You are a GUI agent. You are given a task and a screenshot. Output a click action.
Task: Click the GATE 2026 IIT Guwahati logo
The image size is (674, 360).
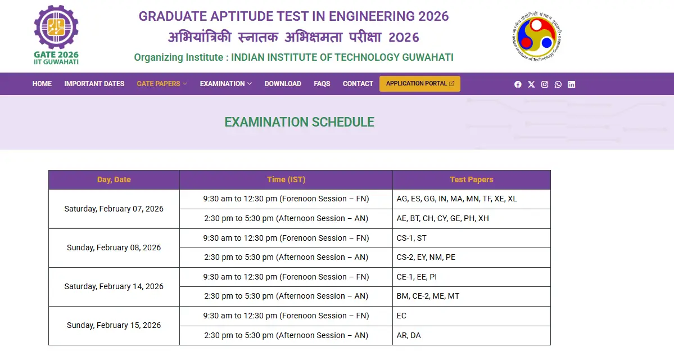pos(56,35)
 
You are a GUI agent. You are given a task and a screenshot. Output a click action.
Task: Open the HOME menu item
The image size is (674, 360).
pos(42,84)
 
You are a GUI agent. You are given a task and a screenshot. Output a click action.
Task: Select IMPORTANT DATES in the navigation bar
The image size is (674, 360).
pos(94,84)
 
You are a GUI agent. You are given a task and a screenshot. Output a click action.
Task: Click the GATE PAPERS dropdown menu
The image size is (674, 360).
pos(162,84)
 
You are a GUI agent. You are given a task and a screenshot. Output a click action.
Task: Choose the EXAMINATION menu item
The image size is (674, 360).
pos(225,84)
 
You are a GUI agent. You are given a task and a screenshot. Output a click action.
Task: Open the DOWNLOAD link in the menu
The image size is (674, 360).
pos(283,84)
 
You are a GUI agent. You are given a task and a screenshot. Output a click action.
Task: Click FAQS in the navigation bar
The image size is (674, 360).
pos(322,84)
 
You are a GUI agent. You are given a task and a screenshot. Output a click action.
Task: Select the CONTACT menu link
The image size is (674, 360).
pos(358,84)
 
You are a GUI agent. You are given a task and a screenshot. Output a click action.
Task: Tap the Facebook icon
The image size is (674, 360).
pos(518,84)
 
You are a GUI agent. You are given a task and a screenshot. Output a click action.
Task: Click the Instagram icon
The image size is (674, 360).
pos(545,84)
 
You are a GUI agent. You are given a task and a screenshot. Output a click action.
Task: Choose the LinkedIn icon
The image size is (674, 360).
pos(572,84)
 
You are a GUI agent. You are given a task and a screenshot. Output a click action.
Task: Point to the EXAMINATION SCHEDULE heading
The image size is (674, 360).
pos(299,122)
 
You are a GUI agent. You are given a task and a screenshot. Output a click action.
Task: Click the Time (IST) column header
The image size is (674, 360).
pos(286,180)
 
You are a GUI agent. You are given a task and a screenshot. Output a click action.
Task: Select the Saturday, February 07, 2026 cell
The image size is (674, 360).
pos(114,209)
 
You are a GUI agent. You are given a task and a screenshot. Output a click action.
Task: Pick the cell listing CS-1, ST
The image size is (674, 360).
pos(471,238)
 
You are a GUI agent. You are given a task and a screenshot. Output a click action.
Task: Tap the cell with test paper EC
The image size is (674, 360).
pos(471,316)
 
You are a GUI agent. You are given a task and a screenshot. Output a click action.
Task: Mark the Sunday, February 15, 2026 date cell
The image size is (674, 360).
pos(114,326)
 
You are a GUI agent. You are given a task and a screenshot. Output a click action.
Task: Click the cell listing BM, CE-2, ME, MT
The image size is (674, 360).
pos(471,296)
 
